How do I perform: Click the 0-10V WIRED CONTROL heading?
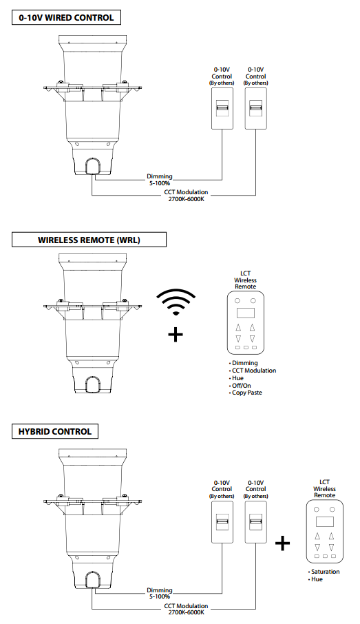point(66,18)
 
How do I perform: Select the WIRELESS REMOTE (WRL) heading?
point(89,240)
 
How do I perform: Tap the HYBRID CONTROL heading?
point(55,431)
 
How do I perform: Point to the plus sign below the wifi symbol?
point(176,335)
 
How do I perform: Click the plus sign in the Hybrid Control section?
point(282,543)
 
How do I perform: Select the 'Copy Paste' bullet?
point(246,393)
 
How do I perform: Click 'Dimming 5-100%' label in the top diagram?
point(160,180)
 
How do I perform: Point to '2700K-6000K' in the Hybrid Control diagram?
point(186,613)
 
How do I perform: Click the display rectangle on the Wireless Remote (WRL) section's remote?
point(246,313)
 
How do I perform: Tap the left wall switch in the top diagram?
point(222,109)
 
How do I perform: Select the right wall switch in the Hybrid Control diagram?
point(256,522)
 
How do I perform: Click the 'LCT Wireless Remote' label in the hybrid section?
point(325,489)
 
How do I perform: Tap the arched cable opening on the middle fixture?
point(93,384)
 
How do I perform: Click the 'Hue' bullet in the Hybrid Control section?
point(317,579)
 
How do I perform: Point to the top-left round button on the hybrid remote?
point(317,510)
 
